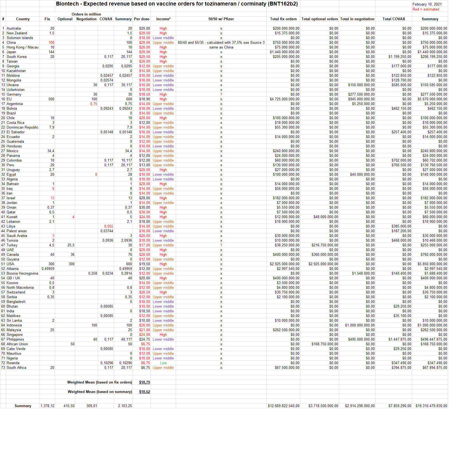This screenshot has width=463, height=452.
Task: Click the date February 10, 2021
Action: [427, 4]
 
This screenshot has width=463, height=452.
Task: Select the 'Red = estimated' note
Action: [426, 9]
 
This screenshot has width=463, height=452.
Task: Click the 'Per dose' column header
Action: [141, 19]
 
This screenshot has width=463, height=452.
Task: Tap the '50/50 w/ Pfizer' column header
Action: [221, 19]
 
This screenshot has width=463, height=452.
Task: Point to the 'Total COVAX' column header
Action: [394, 19]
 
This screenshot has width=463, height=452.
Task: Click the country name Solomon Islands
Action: [20, 38]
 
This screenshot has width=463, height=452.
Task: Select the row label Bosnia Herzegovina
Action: [22, 273]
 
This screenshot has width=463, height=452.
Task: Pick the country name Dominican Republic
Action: [22, 127]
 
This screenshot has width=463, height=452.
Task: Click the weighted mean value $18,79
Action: [144, 382]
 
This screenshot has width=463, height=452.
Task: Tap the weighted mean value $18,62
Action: [144, 392]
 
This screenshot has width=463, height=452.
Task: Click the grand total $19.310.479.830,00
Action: [431, 406]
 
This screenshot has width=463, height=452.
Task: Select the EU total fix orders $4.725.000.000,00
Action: [284, 99]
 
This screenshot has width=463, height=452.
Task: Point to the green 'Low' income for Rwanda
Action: [163, 363]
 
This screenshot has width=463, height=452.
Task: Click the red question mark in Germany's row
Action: [221, 94]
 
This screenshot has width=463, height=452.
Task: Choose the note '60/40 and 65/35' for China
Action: [221, 42]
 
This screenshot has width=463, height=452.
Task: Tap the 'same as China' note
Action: [221, 47]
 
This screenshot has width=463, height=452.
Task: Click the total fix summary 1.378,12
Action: [47, 406]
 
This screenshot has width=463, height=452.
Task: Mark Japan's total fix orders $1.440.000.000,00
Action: [284, 52]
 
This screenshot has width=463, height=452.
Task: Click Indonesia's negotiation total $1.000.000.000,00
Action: [360, 325]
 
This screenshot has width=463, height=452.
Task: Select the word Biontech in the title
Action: [67, 4]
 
